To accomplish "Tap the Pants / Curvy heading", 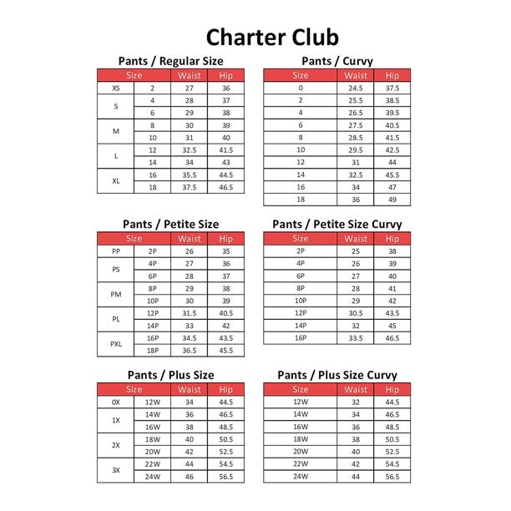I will tap(336, 61).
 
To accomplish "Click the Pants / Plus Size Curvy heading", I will tap(336, 375).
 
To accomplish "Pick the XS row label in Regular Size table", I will tap(115, 88).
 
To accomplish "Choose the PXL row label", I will tap(115, 344).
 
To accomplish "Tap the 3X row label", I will tap(115, 470).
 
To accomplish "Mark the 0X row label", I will tap(115, 402).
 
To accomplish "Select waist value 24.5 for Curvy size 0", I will tap(356, 88).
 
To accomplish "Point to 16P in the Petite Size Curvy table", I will tap(301, 338).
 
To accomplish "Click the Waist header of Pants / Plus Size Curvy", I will tap(356, 389).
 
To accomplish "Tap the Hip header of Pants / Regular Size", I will tap(225, 75).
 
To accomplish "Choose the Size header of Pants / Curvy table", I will tap(301, 75).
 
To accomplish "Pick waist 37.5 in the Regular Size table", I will tap(190, 188).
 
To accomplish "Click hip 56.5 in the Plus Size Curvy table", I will tap(392, 476).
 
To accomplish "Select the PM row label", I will tap(115, 294).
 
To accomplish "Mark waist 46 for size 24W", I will tap(190, 476).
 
